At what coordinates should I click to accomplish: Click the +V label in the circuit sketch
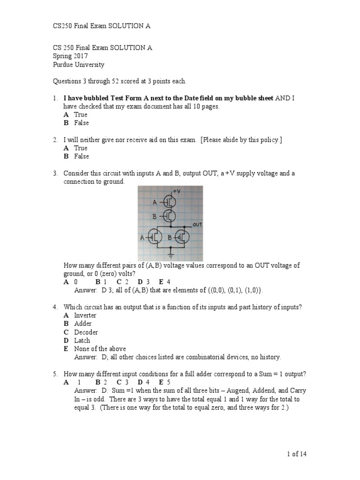[177, 192]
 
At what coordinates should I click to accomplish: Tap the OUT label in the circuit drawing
[197, 225]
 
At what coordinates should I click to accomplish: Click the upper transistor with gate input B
[170, 216]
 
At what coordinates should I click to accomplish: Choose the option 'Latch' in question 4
[82, 340]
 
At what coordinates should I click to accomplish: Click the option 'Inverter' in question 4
[85, 315]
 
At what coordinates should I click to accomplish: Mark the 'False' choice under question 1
[82, 123]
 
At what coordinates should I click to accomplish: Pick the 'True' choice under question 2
[81, 148]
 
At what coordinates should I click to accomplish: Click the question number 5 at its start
[55, 374]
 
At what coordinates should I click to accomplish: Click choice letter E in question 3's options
[161, 282]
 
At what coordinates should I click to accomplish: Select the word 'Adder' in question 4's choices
[83, 323]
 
